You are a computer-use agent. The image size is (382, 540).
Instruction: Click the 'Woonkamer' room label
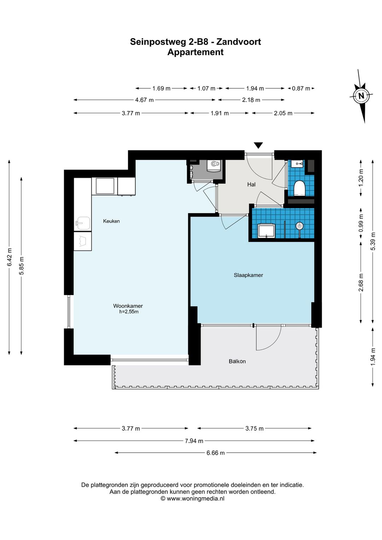coord(128,306)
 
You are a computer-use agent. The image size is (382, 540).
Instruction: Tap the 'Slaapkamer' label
coord(248,275)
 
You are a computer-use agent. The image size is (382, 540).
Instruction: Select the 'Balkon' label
coord(237,361)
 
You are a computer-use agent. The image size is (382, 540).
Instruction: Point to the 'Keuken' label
coord(111,221)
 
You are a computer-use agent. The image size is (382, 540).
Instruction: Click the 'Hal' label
coord(251,184)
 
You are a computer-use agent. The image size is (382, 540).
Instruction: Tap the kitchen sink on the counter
coord(83,223)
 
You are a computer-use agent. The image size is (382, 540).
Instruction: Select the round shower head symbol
coord(300,226)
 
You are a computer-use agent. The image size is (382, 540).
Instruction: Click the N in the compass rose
coord(361,96)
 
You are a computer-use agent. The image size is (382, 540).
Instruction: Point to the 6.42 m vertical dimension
coord(10,257)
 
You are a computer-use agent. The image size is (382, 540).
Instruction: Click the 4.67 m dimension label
coord(144,100)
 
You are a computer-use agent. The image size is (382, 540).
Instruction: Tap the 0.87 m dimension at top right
coord(301,88)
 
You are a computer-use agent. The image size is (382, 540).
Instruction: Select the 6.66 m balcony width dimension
coord(215,453)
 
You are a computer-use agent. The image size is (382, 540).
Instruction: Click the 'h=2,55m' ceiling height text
coord(129,312)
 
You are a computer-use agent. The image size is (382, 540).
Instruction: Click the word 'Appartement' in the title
coord(196,52)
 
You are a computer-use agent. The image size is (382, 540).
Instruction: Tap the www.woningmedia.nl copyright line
coord(192,499)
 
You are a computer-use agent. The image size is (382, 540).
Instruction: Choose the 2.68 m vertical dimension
coord(361,282)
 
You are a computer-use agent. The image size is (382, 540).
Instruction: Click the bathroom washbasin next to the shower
coord(266,231)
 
